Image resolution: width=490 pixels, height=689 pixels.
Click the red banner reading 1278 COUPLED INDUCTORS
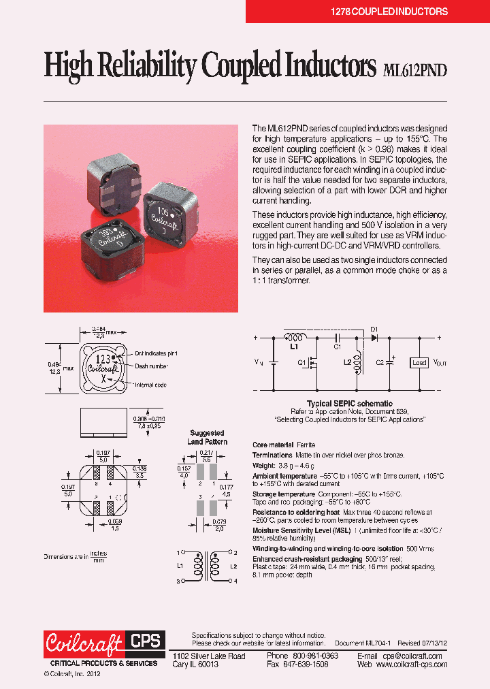(367, 12)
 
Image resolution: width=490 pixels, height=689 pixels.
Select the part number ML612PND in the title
(415, 69)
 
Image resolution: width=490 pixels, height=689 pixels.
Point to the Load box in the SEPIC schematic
(419, 363)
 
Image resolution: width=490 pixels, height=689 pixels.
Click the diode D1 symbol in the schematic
(374, 338)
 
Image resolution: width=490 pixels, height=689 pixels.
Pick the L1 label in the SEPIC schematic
(294, 347)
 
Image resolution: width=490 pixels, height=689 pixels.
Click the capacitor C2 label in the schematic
(380, 363)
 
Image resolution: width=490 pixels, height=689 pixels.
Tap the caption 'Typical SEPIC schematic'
(349, 404)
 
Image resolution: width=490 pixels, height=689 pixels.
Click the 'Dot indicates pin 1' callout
(156, 353)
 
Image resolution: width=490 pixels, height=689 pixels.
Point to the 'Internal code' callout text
(152, 385)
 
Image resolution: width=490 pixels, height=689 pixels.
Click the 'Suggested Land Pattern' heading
(208, 437)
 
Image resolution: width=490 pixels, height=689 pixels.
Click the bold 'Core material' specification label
(274, 444)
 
